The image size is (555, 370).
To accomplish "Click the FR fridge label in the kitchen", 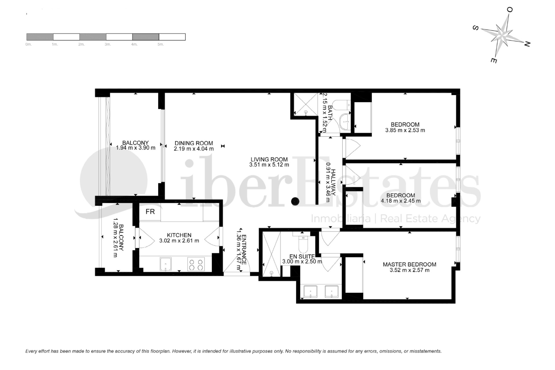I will (150, 212).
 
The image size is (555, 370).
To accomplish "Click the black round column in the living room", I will (295, 201).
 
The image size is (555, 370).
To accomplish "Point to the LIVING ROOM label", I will (269, 159).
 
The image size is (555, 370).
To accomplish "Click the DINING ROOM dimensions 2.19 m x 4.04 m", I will (194, 149).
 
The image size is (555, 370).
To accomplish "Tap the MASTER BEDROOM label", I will (409, 264).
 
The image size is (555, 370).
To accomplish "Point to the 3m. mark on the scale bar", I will (108, 45).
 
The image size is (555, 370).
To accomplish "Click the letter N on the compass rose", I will (527, 44).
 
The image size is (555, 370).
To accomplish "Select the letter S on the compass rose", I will (475, 28).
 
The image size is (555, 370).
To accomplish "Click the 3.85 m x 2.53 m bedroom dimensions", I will (405, 130).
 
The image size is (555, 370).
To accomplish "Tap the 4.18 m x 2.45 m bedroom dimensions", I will (401, 201).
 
